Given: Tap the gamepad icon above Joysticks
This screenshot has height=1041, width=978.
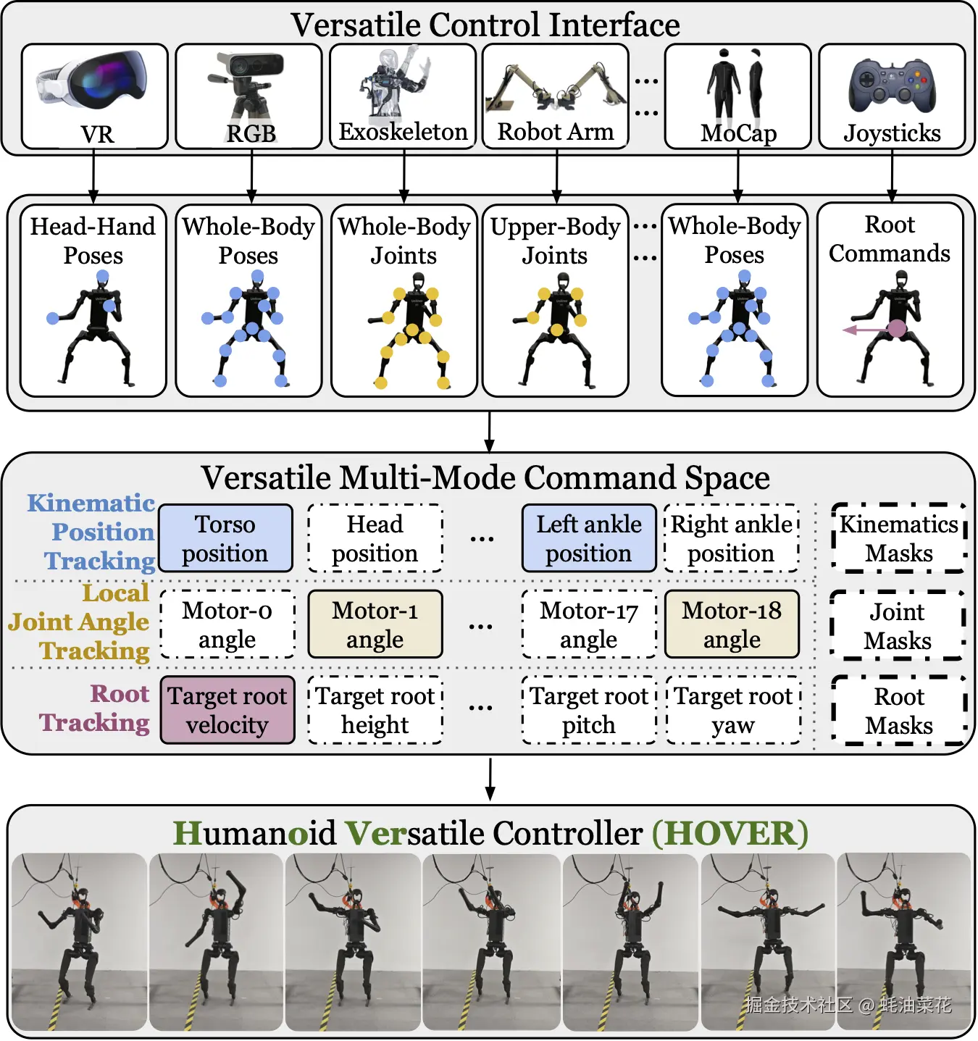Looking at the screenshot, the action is pyautogui.click(x=892, y=86).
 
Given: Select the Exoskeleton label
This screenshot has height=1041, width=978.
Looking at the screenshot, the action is pyautogui.click(x=403, y=132).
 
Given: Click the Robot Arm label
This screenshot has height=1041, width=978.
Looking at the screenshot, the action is pyautogui.click(x=556, y=132).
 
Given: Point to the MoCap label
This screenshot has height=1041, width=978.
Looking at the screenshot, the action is pyautogui.click(x=738, y=133).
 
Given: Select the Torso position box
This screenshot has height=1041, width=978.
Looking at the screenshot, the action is pyautogui.click(x=225, y=538).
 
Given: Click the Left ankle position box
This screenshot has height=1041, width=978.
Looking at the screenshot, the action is pyautogui.click(x=588, y=538).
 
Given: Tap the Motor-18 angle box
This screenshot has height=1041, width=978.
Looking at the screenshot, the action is pyautogui.click(x=732, y=624).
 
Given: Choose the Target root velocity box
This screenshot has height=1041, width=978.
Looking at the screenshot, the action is pyautogui.click(x=227, y=710).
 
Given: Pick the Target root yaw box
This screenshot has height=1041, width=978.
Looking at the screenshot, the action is pyautogui.click(x=733, y=710).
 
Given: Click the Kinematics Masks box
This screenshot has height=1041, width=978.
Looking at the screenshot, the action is pyautogui.click(x=898, y=538).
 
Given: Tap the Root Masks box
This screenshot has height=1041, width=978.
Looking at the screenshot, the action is pyautogui.click(x=898, y=711).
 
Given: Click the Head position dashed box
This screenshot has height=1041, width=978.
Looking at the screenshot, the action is pyautogui.click(x=375, y=538).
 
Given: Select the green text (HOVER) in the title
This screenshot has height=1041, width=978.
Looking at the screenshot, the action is pyautogui.click(x=730, y=833).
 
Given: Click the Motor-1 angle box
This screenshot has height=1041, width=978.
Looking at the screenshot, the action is pyautogui.click(x=375, y=624).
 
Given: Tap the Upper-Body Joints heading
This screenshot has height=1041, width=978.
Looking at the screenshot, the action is pyautogui.click(x=555, y=241).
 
